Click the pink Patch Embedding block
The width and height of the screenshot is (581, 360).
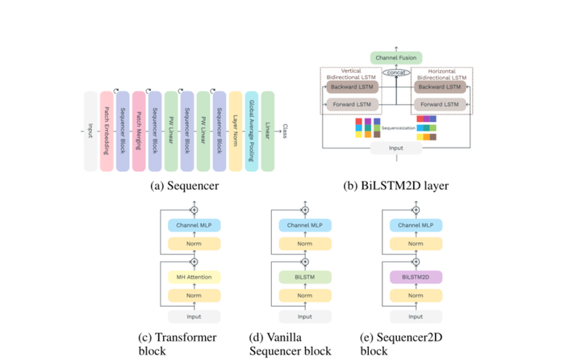tap(107, 131)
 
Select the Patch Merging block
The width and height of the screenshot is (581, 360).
tap(139, 131)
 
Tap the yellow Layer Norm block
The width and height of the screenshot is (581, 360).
tap(236, 131)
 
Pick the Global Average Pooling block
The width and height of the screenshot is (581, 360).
tap(252, 131)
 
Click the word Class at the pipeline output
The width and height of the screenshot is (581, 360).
tap(285, 131)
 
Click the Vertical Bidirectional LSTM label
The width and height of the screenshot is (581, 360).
tap(351, 74)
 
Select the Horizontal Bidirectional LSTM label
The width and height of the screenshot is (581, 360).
tap(440, 74)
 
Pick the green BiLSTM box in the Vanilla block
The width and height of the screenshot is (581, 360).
tap(304, 277)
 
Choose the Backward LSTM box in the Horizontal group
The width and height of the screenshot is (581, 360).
tap(440, 86)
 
